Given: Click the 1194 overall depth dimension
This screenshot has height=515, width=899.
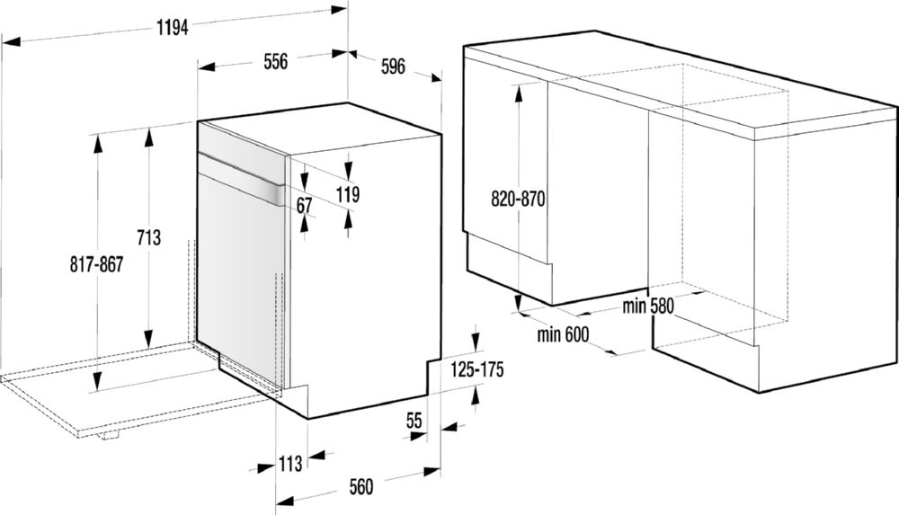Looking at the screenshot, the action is (172, 27).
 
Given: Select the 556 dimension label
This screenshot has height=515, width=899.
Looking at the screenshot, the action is (276, 61).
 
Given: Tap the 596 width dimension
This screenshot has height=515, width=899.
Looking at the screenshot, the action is (394, 66).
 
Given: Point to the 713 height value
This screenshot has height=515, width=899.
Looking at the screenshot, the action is (148, 237).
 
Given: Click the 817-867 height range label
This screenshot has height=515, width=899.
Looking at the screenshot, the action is (96, 264).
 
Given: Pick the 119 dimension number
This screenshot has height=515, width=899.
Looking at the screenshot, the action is (347, 194).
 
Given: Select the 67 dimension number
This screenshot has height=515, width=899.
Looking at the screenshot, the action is (305, 205).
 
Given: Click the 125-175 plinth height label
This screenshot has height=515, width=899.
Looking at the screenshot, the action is (476, 369).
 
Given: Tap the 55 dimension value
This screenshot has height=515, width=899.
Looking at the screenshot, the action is (414, 421).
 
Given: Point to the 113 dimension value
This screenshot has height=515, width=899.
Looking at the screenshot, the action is (290, 463).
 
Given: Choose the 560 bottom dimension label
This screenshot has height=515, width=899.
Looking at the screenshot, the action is (360, 487).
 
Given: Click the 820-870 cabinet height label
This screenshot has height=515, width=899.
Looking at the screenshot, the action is (518, 199).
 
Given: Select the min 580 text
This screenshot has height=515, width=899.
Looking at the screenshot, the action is (648, 306).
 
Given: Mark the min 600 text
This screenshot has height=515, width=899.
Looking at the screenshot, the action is (563, 333).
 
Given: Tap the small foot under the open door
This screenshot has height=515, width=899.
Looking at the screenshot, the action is (107, 435).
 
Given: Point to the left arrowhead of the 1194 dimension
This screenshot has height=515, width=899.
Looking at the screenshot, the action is (12, 41).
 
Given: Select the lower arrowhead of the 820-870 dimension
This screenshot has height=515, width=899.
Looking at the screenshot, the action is (518, 302).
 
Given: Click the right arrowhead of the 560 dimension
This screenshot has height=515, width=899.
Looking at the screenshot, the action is (432, 472).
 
